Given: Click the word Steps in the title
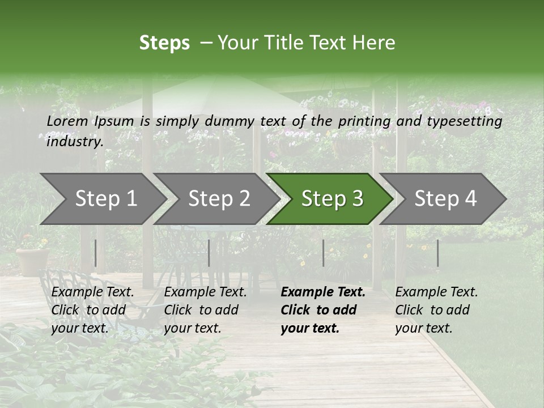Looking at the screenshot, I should pyautogui.click(x=164, y=43).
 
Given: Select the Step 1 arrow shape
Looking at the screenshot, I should pyautogui.click(x=102, y=199).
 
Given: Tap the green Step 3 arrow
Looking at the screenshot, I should pyautogui.click(x=330, y=199).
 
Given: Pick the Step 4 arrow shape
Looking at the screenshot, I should pyautogui.click(x=444, y=199).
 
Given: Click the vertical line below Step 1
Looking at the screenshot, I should pyautogui.click(x=95, y=253).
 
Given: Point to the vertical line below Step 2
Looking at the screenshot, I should pyautogui.click(x=209, y=253).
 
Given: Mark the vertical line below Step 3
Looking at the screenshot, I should pyautogui.click(x=323, y=253).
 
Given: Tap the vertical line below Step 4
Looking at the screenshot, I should pyautogui.click(x=437, y=253).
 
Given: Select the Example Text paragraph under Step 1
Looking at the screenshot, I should pyautogui.click(x=92, y=310).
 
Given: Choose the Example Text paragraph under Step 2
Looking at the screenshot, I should pyautogui.click(x=205, y=310).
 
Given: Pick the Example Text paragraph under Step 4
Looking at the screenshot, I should pyautogui.click(x=436, y=310).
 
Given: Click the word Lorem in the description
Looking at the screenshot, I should pyautogui.click(x=67, y=121).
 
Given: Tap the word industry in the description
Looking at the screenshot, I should pyautogui.click(x=74, y=142).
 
